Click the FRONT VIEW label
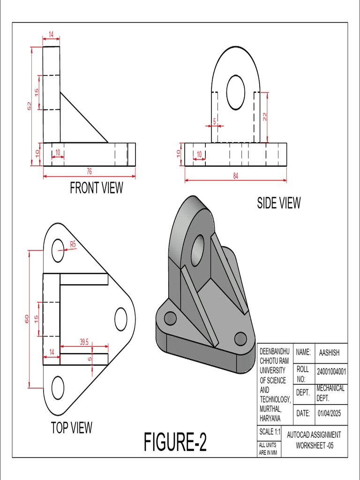[x=96, y=188]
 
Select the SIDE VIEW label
[x=278, y=203]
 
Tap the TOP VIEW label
[x=72, y=427]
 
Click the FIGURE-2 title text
[x=175, y=442]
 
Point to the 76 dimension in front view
[x=89, y=172]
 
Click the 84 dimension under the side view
[x=235, y=175]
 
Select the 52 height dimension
[x=29, y=106]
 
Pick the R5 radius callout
[x=73, y=244]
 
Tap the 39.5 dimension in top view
[x=84, y=342]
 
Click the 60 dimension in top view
[x=27, y=319]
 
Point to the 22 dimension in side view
[x=265, y=117]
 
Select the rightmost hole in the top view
[x=121, y=318]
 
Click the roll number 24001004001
[x=331, y=372]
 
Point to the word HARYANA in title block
[x=270, y=418]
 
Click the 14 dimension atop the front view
[x=51, y=34]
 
